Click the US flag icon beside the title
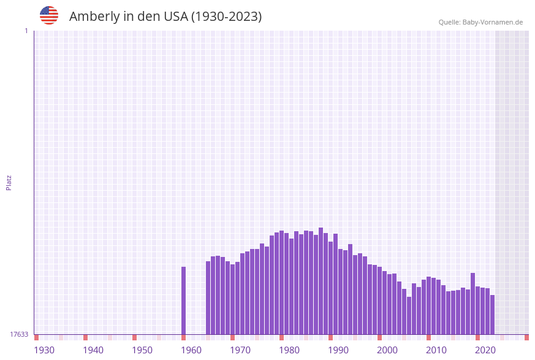click(49, 15)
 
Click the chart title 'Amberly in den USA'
click(165, 17)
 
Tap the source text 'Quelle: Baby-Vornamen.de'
click(480, 22)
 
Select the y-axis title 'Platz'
click(9, 182)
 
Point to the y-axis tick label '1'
click(26, 31)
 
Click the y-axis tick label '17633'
click(19, 334)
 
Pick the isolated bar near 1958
click(183, 301)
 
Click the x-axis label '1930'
click(44, 350)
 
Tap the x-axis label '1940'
click(93, 350)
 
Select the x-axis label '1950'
click(142, 350)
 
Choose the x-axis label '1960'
click(191, 350)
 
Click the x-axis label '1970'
click(240, 350)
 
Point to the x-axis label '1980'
click(289, 350)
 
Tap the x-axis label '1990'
click(338, 350)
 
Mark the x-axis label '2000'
click(387, 350)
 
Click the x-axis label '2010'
click(436, 350)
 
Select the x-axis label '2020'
click(485, 350)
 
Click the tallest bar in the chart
click(321, 281)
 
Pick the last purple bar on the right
click(492, 315)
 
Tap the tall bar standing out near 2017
click(472, 304)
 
